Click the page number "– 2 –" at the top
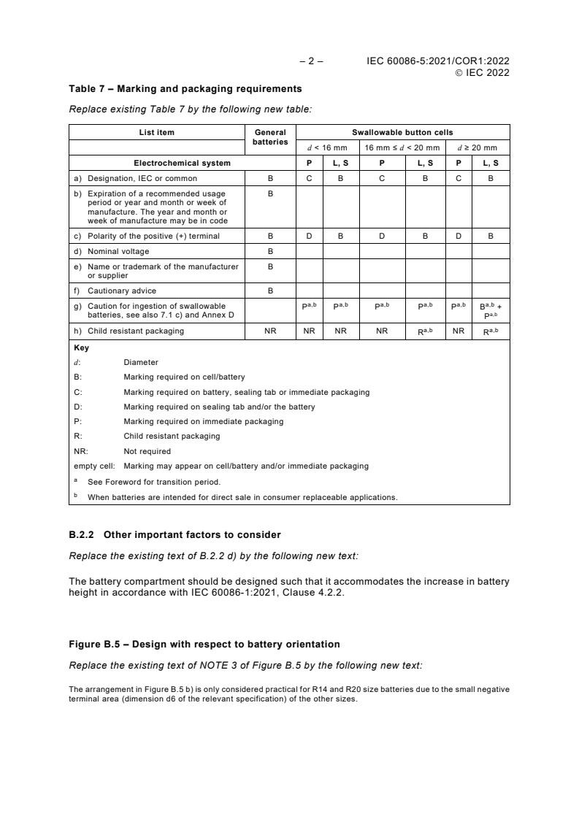(x=312, y=61)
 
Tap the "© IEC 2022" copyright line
(x=482, y=72)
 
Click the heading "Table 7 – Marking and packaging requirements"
(x=185, y=89)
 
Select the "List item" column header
(x=157, y=132)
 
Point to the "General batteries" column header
(x=270, y=137)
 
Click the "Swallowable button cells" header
(x=402, y=132)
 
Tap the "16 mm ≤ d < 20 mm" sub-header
(x=402, y=147)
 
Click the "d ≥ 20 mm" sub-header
(x=477, y=147)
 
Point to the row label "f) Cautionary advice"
(x=122, y=291)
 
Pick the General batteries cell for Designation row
(x=270, y=178)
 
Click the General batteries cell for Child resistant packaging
(x=270, y=331)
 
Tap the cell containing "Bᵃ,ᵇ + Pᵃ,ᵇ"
(x=491, y=310)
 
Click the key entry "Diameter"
(x=141, y=362)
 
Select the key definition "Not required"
(x=147, y=451)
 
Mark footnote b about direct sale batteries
(x=242, y=497)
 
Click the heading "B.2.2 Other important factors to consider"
(x=175, y=535)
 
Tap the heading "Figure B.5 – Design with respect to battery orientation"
(x=204, y=644)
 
